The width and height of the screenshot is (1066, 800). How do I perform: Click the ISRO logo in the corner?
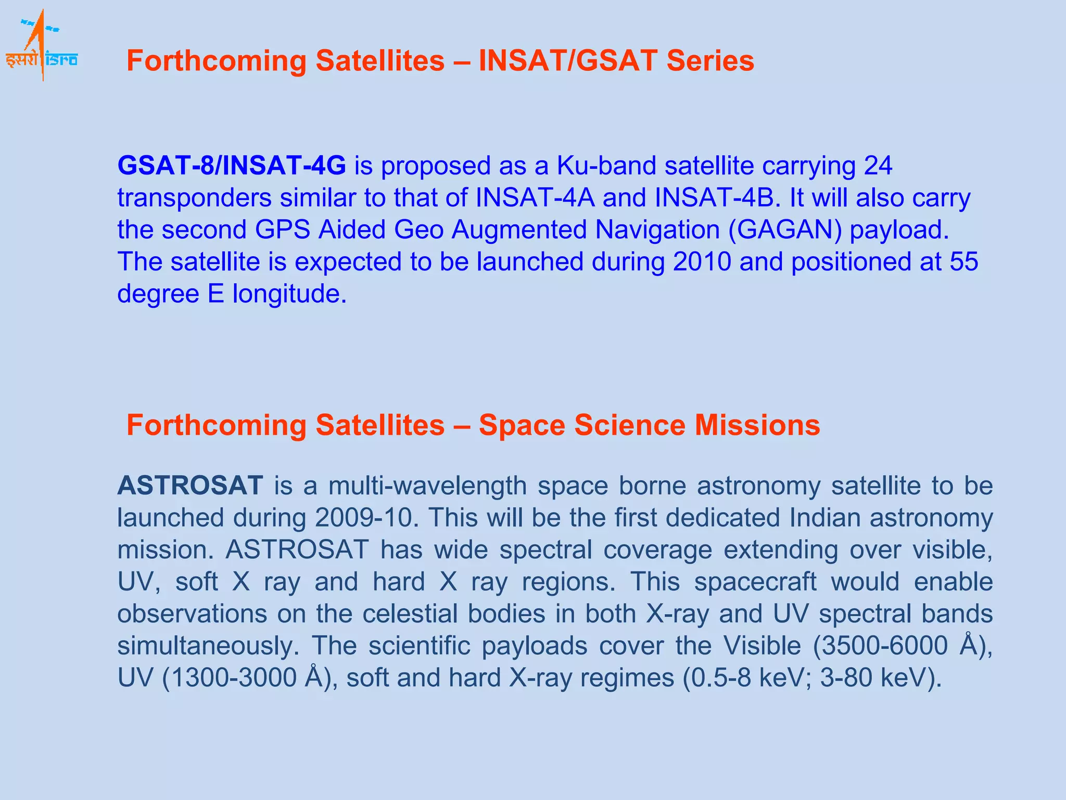point(42,46)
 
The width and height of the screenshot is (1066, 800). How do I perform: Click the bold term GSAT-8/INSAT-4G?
point(232,166)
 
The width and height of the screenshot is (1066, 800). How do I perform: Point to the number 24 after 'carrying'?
point(878,166)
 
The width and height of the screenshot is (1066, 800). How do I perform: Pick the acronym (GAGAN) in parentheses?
point(785,230)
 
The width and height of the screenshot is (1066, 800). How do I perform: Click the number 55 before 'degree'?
point(964,261)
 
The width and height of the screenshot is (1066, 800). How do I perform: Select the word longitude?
point(289,294)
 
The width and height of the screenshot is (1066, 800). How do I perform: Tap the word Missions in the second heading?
point(757,425)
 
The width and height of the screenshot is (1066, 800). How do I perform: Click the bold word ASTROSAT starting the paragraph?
point(191,485)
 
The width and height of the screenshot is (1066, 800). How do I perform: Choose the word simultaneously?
point(208,646)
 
